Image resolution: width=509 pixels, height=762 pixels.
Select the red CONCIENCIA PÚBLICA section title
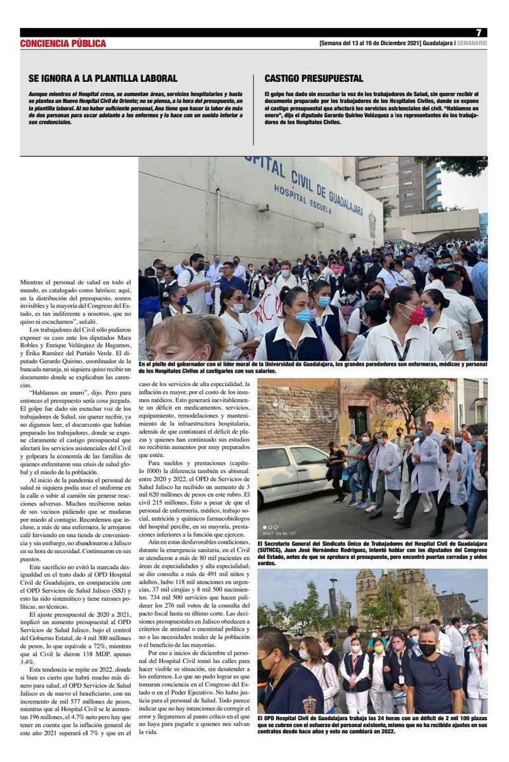pyautogui.click(x=63, y=44)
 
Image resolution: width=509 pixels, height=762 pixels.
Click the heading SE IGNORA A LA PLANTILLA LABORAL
pyautogui.click(x=103, y=79)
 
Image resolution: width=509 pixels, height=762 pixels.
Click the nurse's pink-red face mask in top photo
pyautogui.click(x=416, y=314)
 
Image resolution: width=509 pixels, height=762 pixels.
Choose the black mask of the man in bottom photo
pyautogui.click(x=427, y=650)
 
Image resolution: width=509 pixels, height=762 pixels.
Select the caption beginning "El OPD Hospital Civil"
pyautogui.click(x=372, y=725)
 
